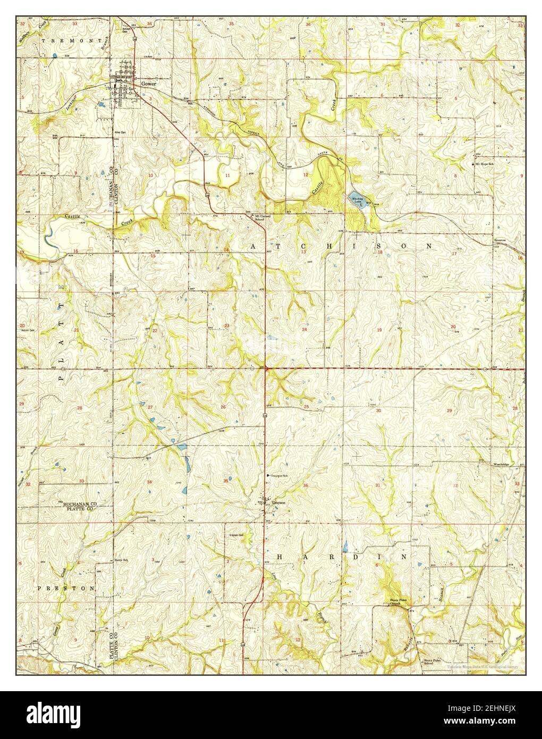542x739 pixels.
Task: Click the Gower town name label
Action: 148,84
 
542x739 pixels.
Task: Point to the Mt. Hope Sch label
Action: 485,164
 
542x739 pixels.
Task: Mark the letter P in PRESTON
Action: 40,589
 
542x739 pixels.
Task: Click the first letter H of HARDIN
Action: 279,557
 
